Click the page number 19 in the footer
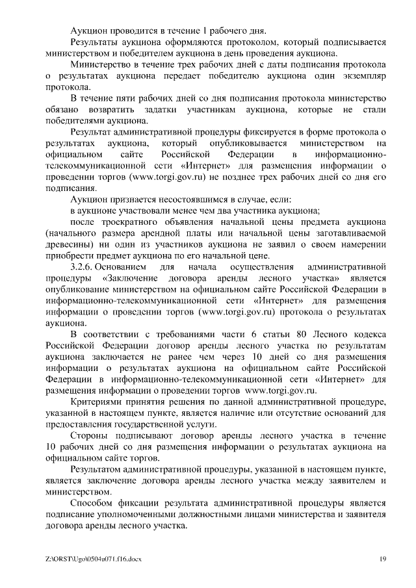click(383, 559)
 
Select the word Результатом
click(99, 468)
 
